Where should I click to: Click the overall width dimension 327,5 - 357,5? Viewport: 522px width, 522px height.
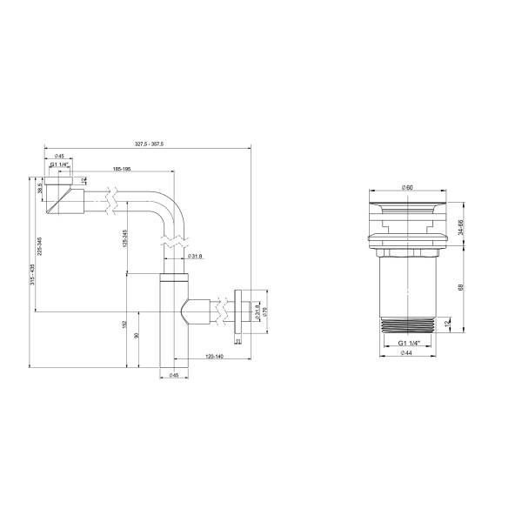tap(150, 144)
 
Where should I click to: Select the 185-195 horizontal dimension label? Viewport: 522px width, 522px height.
tap(121, 170)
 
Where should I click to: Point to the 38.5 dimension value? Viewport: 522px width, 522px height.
tap(40, 189)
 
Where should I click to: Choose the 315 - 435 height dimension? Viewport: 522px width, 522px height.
tap(30, 273)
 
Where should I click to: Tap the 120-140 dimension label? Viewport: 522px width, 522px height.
tap(214, 357)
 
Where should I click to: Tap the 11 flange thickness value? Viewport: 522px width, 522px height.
tap(237, 341)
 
